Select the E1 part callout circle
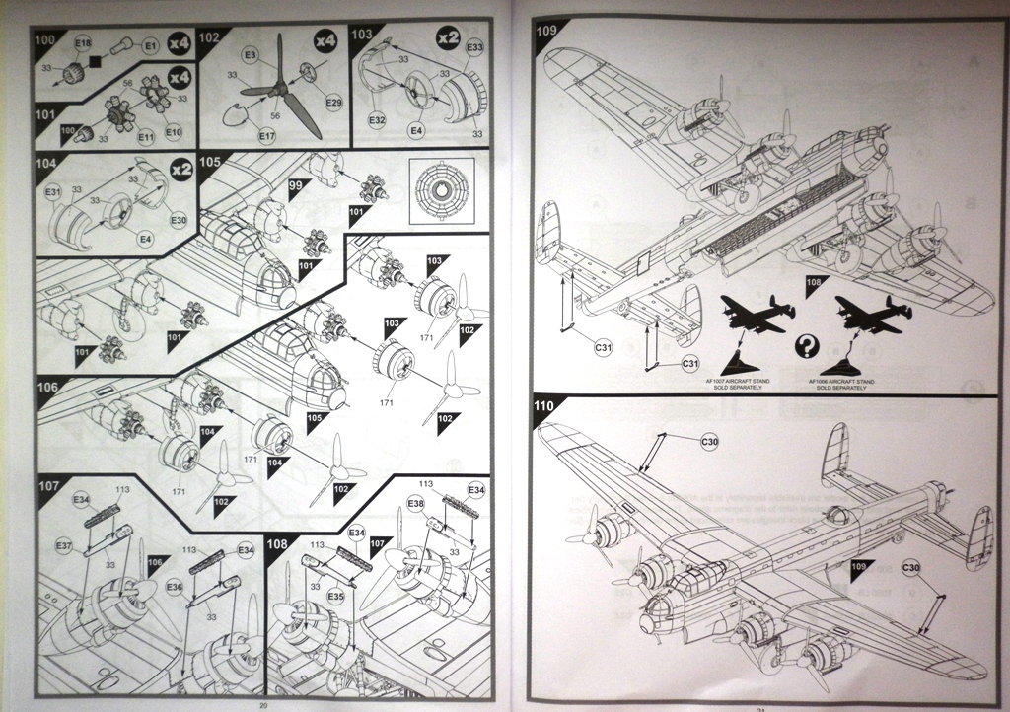[x=151, y=45]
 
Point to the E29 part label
[x=332, y=104]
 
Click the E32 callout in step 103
[x=377, y=119]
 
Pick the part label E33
[x=474, y=46]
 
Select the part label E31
[x=53, y=190]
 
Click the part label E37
[x=63, y=545]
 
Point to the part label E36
[x=175, y=587]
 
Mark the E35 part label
[x=335, y=596]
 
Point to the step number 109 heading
[x=547, y=30]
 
